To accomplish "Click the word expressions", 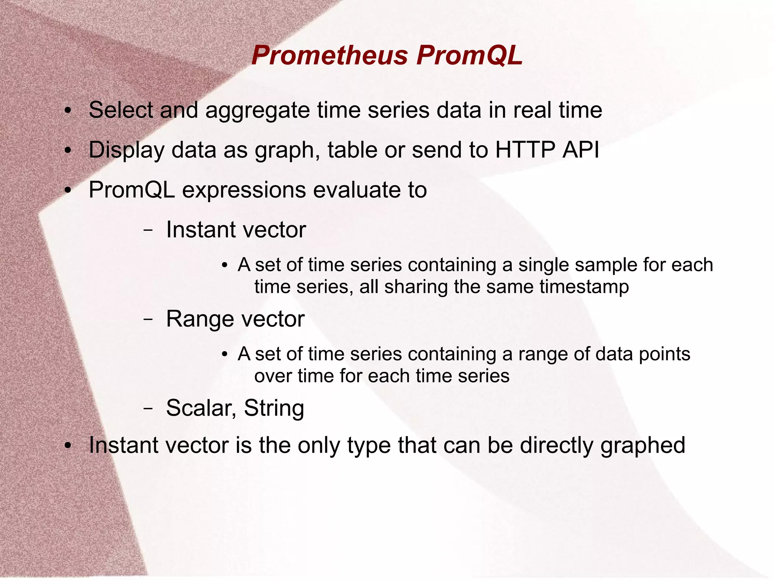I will point(244,190).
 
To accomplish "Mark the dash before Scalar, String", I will point(148,408).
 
